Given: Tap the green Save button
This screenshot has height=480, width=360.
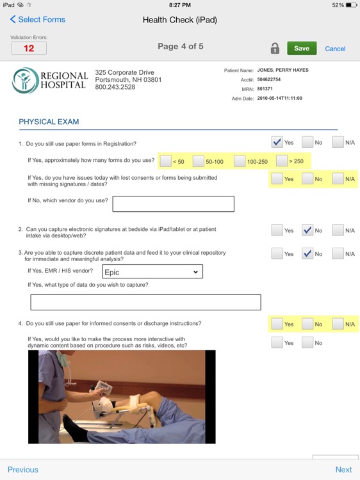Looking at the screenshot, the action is [x=302, y=49].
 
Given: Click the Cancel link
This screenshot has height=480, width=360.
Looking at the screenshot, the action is [x=335, y=49].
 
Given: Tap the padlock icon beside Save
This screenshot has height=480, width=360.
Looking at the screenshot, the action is [x=275, y=49].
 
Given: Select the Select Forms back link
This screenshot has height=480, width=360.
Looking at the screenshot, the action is [x=38, y=20].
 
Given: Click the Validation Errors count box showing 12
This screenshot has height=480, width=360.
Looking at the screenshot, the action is [x=29, y=49].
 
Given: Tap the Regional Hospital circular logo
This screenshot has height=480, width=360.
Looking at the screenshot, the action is [x=25, y=81].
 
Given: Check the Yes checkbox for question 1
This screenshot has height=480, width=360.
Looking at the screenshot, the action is [x=277, y=142].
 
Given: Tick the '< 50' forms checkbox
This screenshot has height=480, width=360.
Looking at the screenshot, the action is [x=166, y=161].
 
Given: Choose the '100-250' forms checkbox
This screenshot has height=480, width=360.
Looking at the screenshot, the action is [x=240, y=161].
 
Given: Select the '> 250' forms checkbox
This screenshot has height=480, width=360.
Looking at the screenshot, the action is [x=282, y=161].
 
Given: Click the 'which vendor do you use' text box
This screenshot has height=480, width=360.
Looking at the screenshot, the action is [x=174, y=204].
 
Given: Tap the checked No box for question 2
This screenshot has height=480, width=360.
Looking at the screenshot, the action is [x=307, y=230].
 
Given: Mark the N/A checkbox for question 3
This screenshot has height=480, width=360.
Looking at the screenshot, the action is [x=338, y=253].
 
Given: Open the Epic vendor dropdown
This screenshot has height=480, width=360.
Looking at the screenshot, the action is [x=152, y=271].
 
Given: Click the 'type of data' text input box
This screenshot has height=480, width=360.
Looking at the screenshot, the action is [x=146, y=302].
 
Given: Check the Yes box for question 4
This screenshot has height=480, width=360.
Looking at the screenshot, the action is [x=277, y=324].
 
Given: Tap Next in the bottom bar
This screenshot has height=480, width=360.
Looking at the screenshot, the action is [x=343, y=470].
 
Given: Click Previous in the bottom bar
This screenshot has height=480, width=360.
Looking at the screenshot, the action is [x=23, y=470].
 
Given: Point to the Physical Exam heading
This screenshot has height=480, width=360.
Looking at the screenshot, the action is [x=49, y=122].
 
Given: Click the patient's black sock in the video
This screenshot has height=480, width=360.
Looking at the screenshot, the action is [x=74, y=427].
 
